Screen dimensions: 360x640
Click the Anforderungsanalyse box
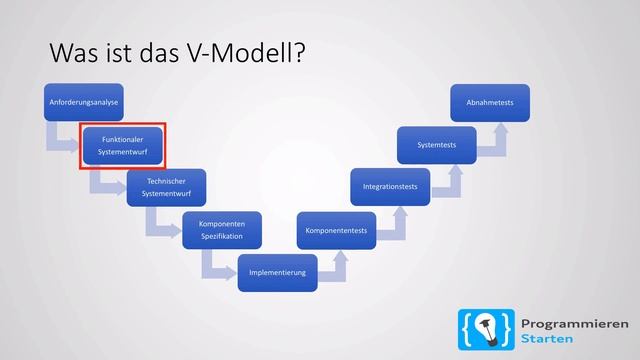tap(83, 102)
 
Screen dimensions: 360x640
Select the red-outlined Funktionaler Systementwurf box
tap(122, 145)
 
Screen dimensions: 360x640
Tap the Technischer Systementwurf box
tap(167, 187)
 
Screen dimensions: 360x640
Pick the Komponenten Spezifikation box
tap(223, 229)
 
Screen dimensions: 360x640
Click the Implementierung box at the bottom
tap(277, 272)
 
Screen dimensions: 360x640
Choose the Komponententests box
tap(336, 231)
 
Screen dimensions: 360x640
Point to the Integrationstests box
tap(390, 187)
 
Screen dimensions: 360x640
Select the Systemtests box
tap(437, 145)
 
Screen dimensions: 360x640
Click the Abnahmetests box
tap(489, 102)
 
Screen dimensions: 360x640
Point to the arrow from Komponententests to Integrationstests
tap(397, 222)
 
